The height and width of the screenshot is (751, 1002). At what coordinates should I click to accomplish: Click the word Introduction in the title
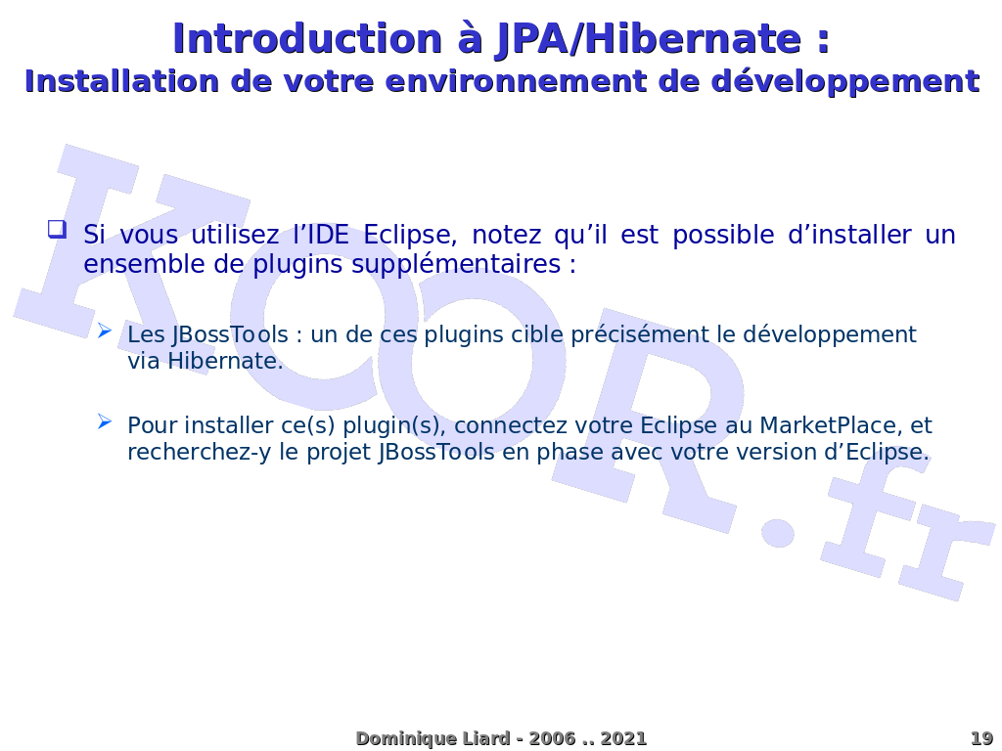[307, 38]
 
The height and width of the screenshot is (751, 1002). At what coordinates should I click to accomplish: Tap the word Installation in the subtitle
[121, 81]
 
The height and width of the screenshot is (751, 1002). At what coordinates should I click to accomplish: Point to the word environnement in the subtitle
[516, 82]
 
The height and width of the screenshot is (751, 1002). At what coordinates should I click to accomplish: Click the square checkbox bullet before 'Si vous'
[57, 229]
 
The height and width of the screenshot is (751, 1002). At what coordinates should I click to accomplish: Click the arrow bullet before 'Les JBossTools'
[105, 331]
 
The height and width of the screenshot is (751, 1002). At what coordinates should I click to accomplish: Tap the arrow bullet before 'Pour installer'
[105, 421]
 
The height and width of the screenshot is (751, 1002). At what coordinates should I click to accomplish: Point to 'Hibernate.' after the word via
[226, 361]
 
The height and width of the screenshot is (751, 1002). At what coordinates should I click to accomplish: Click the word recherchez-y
[200, 452]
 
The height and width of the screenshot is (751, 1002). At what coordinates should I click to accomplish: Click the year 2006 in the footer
[552, 738]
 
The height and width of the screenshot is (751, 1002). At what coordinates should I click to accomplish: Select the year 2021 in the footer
[623, 738]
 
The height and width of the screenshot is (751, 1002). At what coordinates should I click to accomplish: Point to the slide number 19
[980, 738]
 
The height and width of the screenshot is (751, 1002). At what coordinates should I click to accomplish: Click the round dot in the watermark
[778, 531]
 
